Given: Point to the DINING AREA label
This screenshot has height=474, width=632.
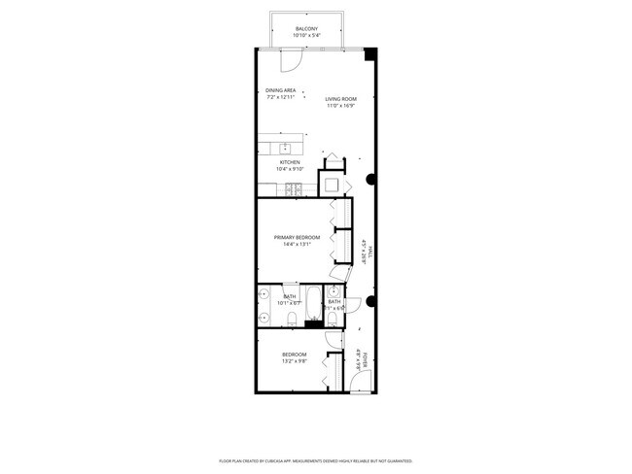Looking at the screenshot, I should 280,90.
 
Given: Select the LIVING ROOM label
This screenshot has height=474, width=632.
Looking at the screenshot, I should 340,98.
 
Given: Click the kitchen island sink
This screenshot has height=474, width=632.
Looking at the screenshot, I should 285,149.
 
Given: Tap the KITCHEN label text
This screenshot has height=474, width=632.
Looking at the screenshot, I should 291,162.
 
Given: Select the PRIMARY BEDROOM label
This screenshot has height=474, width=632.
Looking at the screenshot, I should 297,237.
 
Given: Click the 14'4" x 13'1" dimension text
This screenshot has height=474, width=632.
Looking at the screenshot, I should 297,244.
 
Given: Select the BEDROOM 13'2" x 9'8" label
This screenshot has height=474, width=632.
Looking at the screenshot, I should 295,356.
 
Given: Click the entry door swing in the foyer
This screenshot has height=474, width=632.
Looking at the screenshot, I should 361,380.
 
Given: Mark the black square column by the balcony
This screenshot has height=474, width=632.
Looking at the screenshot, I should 370,54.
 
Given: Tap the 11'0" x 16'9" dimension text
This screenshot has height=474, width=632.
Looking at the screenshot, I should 340,105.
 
